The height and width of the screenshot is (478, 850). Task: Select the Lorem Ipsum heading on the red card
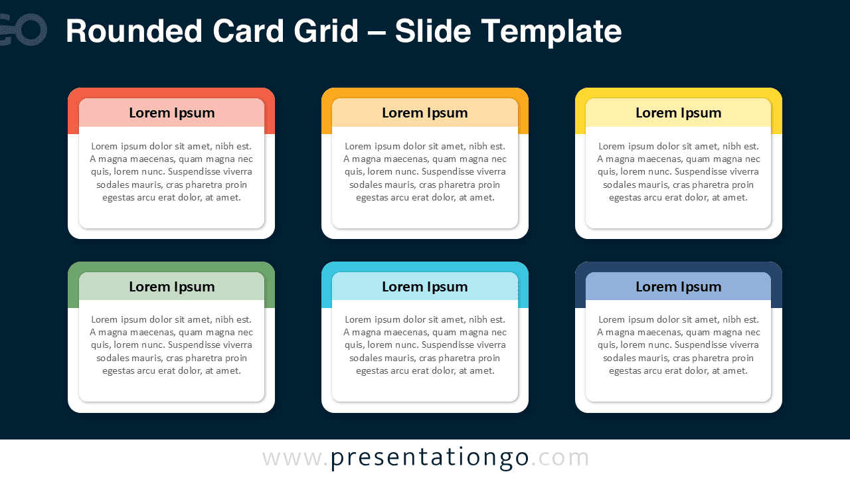click(171, 113)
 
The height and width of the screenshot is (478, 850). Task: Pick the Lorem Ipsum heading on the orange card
click(425, 113)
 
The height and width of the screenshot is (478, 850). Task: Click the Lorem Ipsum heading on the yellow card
click(678, 113)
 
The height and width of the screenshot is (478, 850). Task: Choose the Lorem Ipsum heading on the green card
click(171, 287)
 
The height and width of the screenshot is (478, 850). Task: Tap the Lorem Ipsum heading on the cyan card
click(425, 287)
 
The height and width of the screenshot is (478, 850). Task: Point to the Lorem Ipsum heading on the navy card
click(678, 287)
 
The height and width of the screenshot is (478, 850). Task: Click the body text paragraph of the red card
click(171, 172)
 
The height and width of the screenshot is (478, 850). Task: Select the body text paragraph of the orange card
click(425, 172)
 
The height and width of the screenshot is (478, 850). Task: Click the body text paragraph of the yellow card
click(678, 172)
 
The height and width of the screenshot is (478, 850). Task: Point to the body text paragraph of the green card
click(171, 345)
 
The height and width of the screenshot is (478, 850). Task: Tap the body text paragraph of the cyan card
click(425, 345)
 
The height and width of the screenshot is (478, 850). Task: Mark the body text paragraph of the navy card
click(678, 345)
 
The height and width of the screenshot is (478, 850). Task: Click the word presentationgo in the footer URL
click(430, 458)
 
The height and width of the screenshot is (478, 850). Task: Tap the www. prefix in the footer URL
click(295, 458)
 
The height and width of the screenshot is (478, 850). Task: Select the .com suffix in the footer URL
click(561, 458)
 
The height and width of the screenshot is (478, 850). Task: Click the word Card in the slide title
click(258, 31)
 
